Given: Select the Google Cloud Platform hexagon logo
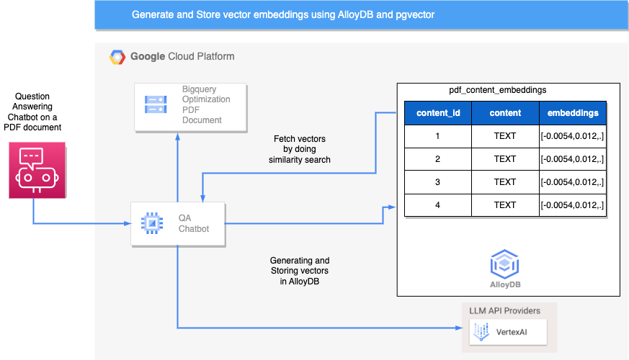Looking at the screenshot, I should (x=117, y=57).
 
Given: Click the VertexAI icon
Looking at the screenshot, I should (x=480, y=333).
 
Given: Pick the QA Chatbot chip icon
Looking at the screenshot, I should (x=151, y=224).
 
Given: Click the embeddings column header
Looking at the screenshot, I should (x=572, y=114).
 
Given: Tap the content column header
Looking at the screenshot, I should (x=505, y=114).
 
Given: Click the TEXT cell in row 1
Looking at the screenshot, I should (x=505, y=136).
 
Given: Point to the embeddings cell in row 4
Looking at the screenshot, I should (x=572, y=205).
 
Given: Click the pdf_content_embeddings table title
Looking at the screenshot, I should (x=497, y=91).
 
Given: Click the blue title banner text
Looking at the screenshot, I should (x=282, y=14).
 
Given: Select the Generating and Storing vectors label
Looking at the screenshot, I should (x=300, y=270).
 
